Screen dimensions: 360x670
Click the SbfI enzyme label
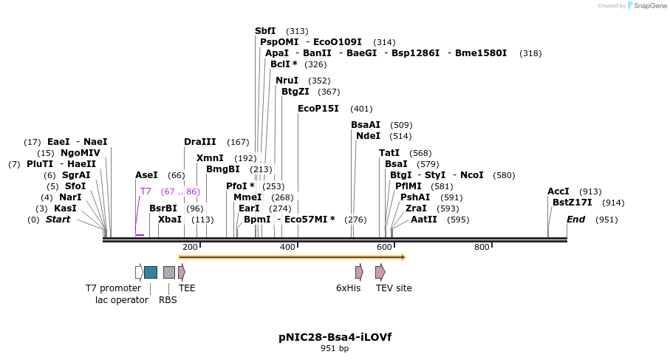265,31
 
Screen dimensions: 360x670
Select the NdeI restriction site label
368,136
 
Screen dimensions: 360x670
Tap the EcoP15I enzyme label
318,109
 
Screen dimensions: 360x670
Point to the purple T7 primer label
146,191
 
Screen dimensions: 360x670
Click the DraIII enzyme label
200,142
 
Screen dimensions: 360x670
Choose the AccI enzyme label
558,191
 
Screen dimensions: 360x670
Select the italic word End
576,220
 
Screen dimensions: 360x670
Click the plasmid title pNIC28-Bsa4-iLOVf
335,337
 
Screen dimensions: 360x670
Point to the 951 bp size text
335,348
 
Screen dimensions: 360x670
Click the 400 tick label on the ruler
287,247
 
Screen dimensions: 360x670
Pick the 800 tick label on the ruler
482,247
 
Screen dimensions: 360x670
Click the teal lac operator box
151,272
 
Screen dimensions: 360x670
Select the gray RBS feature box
169,272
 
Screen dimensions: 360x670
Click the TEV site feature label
394,288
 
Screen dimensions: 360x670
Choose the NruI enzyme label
287,81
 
